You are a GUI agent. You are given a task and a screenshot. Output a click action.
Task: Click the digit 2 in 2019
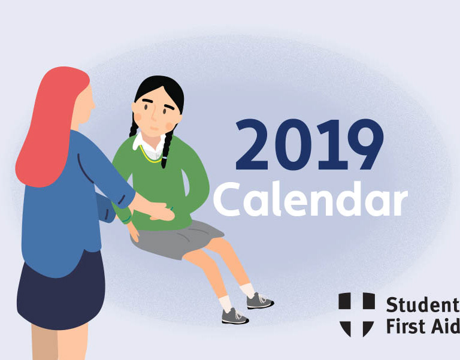(x=252, y=144)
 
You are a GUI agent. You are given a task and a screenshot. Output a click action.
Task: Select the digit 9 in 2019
(x=365, y=144)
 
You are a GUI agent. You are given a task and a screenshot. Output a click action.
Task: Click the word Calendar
(x=310, y=199)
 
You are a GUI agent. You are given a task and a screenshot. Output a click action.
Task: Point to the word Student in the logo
(x=423, y=304)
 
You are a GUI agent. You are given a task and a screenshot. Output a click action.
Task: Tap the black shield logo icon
(x=356, y=314)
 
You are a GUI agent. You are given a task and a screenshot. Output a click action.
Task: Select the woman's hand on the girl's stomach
(x=161, y=211)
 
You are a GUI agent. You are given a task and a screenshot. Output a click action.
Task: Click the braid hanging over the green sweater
(x=167, y=148)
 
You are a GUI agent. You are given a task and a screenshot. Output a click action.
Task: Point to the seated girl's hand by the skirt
(x=134, y=232)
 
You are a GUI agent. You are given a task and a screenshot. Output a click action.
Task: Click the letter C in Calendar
(x=228, y=199)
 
